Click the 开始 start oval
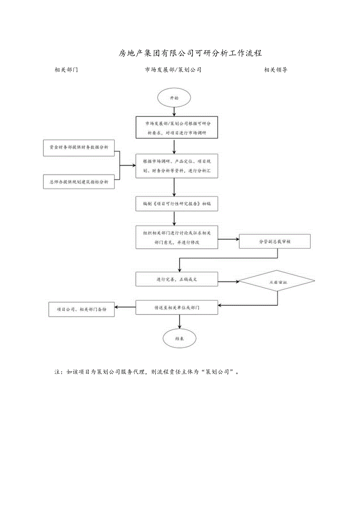pyautogui.click(x=174, y=99)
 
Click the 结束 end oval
pyautogui.click(x=180, y=338)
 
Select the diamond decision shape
pyautogui.click(x=277, y=281)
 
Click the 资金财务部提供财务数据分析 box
pyautogui.click(x=79, y=147)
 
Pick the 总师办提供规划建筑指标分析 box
pyautogui.click(x=79, y=182)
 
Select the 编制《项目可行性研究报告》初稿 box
pyautogui.click(x=176, y=204)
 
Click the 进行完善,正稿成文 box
pyautogui.click(x=176, y=279)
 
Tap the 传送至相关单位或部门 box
pyautogui.click(x=176, y=308)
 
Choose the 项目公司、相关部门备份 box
pyautogui.click(x=81, y=309)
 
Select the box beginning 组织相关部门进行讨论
pyautogui.click(x=176, y=237)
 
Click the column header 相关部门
pyautogui.click(x=66, y=70)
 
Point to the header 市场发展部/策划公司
pyautogui.click(x=173, y=70)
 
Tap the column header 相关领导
pyautogui.click(x=276, y=70)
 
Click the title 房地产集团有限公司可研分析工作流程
pyautogui.click(x=190, y=53)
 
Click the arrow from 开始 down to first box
pyautogui.click(x=174, y=112)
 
